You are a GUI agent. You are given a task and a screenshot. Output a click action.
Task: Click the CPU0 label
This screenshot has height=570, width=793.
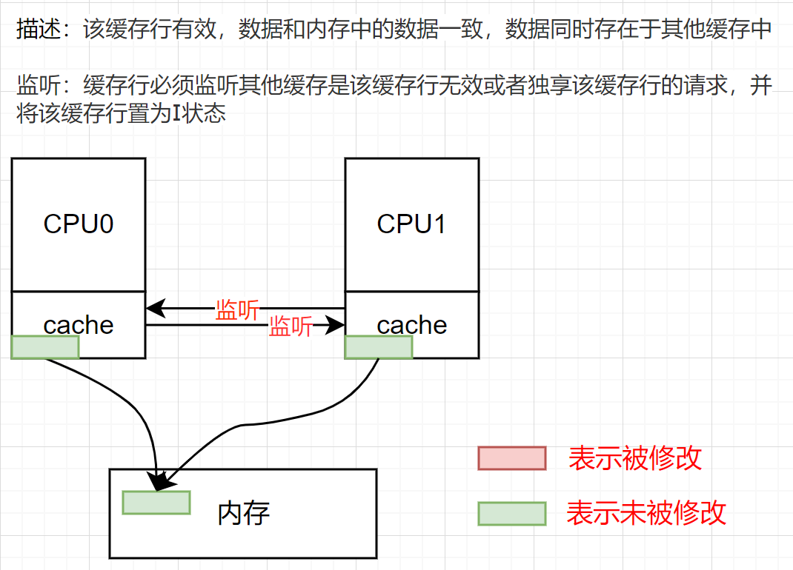pyautogui.click(x=79, y=224)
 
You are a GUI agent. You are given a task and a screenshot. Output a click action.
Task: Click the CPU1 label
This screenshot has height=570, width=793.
pyautogui.click(x=411, y=224)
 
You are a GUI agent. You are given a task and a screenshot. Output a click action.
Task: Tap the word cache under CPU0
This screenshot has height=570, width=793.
pyautogui.click(x=79, y=324)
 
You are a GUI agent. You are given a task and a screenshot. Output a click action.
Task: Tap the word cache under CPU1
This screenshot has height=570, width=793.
pyautogui.click(x=411, y=324)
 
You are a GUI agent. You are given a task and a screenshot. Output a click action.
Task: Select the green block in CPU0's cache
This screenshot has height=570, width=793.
pyautogui.click(x=45, y=347)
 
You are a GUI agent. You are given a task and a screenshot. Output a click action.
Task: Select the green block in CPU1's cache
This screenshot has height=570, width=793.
pyautogui.click(x=379, y=347)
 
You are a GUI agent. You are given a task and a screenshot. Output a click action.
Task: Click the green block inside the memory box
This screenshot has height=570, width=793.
pyautogui.click(x=156, y=502)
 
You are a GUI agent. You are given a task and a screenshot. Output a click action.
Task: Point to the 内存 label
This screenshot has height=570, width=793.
pyautogui.click(x=243, y=512)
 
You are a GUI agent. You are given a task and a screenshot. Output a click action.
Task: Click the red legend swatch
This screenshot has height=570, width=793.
pyautogui.click(x=511, y=458)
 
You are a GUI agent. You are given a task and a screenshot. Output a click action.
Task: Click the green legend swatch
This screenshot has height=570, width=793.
pyautogui.click(x=511, y=513)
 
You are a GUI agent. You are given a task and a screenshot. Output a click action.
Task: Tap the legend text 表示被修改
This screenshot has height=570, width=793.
pyautogui.click(x=634, y=458)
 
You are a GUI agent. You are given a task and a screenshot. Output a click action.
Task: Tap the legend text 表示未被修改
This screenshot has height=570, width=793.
pyautogui.click(x=646, y=512)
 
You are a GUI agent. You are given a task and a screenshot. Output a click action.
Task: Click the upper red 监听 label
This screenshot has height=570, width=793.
pyautogui.click(x=237, y=309)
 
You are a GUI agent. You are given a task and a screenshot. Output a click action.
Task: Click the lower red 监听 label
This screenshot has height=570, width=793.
pyautogui.click(x=291, y=326)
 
